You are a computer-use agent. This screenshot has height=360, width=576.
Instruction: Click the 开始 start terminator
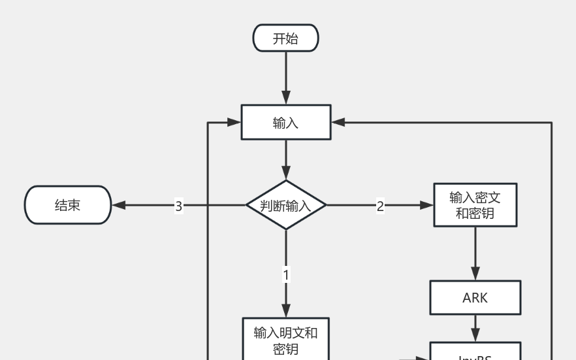tap(285, 39)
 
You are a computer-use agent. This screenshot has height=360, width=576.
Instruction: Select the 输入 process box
tap(285, 122)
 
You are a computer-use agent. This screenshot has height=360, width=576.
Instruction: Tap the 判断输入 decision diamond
tap(285, 205)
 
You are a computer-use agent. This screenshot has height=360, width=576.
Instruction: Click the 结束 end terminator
tap(68, 205)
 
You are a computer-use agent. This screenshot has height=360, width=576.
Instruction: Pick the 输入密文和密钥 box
tap(475, 205)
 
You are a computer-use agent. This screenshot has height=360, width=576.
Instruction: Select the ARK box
tap(475, 298)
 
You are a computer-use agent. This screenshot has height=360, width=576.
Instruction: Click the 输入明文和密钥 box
tap(285, 340)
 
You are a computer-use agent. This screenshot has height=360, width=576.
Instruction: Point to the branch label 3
tap(178, 206)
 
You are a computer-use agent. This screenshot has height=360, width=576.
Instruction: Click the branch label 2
tap(380, 206)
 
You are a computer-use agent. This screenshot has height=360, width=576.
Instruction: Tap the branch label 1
tap(285, 275)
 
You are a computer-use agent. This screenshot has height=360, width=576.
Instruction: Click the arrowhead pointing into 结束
tap(119, 205)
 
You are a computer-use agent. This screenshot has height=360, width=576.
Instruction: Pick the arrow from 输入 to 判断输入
tap(285, 159)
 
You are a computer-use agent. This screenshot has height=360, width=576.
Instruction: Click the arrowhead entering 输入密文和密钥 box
tap(427, 205)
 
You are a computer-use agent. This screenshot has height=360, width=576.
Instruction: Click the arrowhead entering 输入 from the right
tap(338, 122)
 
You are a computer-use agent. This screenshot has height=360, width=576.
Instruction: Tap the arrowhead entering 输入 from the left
tap(234, 122)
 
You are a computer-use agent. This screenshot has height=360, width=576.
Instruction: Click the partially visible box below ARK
tap(475, 352)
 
